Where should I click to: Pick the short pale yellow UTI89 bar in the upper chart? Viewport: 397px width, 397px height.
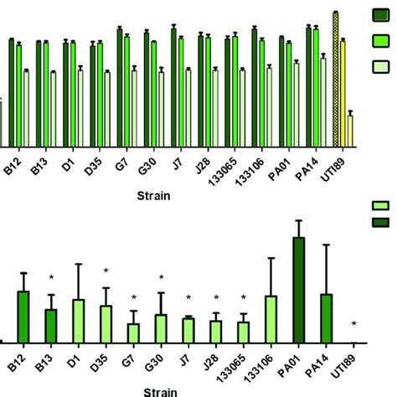point(350,131)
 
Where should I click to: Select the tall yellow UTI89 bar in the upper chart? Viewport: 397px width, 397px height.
point(343,93)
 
